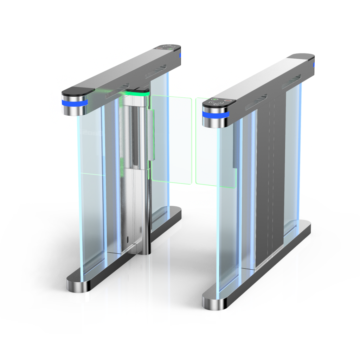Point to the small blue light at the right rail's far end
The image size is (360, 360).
click(x=314, y=64)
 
